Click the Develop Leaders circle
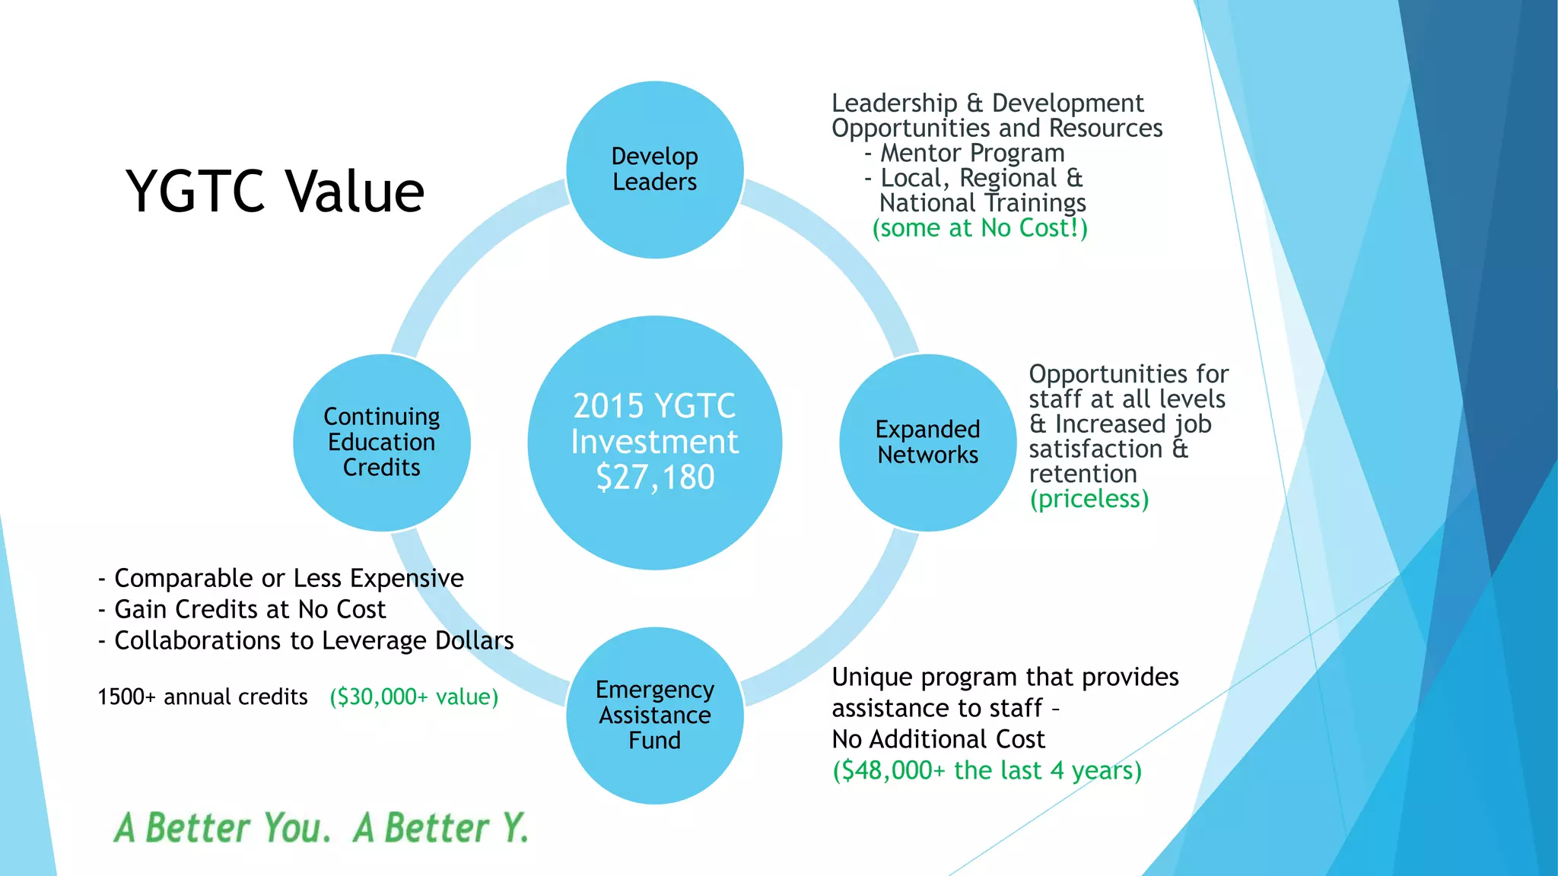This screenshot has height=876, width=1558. (654, 169)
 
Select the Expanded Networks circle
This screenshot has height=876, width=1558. (927, 442)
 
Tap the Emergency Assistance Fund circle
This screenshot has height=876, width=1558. (654, 715)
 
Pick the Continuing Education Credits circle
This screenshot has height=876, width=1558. (381, 442)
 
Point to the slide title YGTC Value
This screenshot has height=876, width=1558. (275, 191)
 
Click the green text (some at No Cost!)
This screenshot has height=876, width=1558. (980, 227)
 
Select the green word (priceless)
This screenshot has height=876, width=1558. (1089, 499)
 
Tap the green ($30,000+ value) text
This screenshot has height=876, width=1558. (413, 697)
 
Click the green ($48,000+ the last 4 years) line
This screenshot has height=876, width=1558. (987, 770)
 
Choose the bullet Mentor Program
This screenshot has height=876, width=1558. (971, 153)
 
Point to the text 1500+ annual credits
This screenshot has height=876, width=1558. (202, 697)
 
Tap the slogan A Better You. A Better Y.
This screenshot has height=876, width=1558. (320, 827)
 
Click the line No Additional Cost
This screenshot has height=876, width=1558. (938, 739)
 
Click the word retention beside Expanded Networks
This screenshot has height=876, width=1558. (1083, 474)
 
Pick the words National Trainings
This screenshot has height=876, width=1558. (982, 203)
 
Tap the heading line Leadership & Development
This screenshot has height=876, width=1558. (987, 103)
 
